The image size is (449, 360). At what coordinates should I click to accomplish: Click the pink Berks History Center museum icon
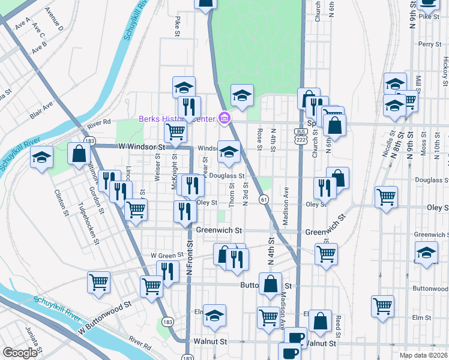(224, 118)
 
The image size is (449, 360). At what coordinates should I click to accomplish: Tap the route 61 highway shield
(264, 199)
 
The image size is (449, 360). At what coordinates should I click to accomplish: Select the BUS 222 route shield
(301, 136)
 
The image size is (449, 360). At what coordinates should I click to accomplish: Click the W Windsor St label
(141, 146)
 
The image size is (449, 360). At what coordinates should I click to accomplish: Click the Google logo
(20, 353)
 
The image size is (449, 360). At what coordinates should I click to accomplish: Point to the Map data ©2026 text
(423, 355)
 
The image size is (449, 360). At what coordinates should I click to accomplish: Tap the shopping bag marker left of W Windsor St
(79, 154)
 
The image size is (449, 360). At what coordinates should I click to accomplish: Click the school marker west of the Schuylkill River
(41, 158)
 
